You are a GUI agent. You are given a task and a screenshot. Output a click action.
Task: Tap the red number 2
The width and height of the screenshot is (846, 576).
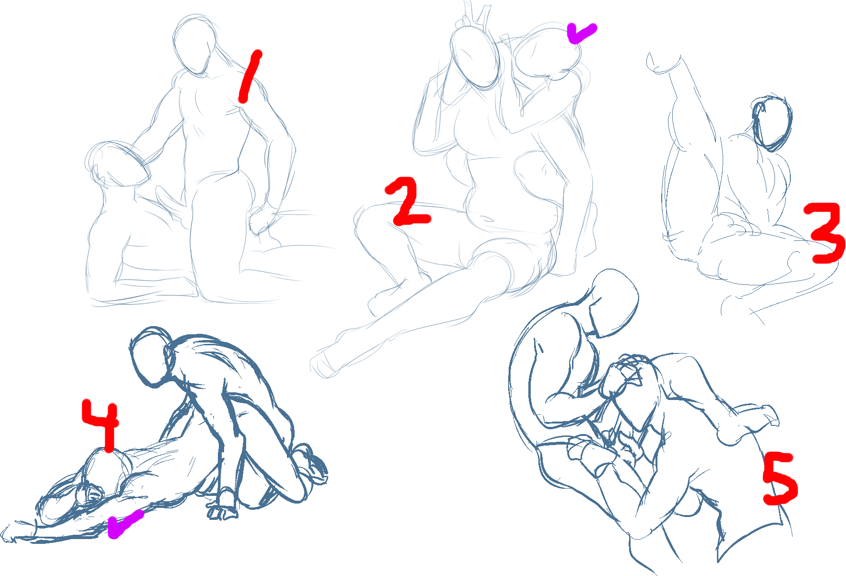(x=408, y=201)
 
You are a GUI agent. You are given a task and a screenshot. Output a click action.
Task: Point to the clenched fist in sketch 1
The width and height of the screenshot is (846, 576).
(x=262, y=221)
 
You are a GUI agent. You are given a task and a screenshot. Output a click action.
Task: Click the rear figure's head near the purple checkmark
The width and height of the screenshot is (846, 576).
(x=547, y=52)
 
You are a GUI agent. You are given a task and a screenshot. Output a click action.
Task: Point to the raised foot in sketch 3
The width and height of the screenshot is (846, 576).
(x=665, y=63)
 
